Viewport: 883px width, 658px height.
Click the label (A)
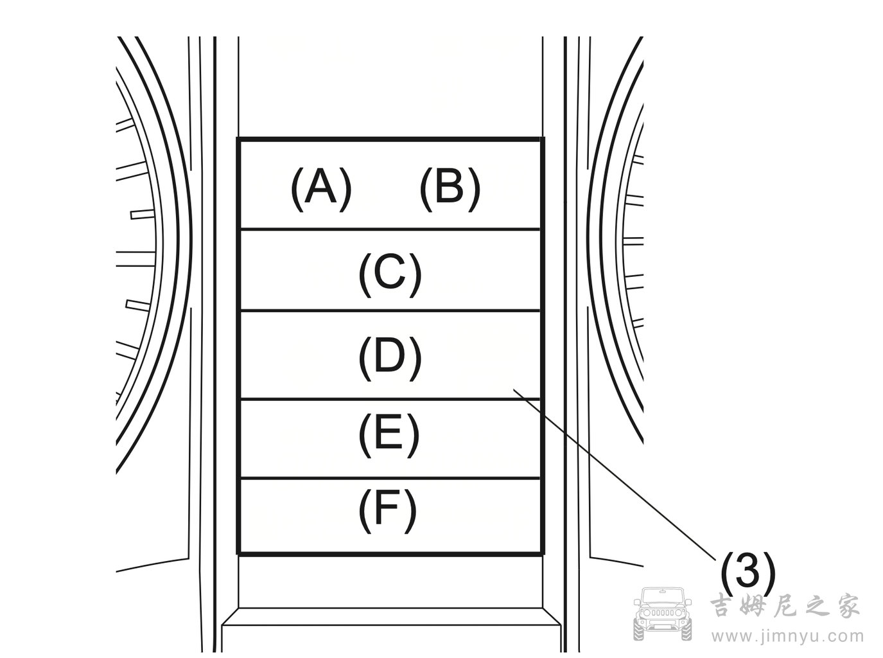tap(321, 189)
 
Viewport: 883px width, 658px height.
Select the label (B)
tap(450, 189)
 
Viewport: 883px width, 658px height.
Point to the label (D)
tap(390, 356)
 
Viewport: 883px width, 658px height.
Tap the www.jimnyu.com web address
tap(786, 636)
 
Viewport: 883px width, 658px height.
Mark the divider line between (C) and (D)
tap(389, 311)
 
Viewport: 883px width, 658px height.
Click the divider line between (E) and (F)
tap(389, 478)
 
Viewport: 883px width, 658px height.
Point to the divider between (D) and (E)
tap(389, 398)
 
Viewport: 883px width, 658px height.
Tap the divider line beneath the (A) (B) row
tap(389, 229)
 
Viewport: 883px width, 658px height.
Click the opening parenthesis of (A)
tap(297, 189)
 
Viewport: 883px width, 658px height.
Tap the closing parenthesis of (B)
tap(474, 189)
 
